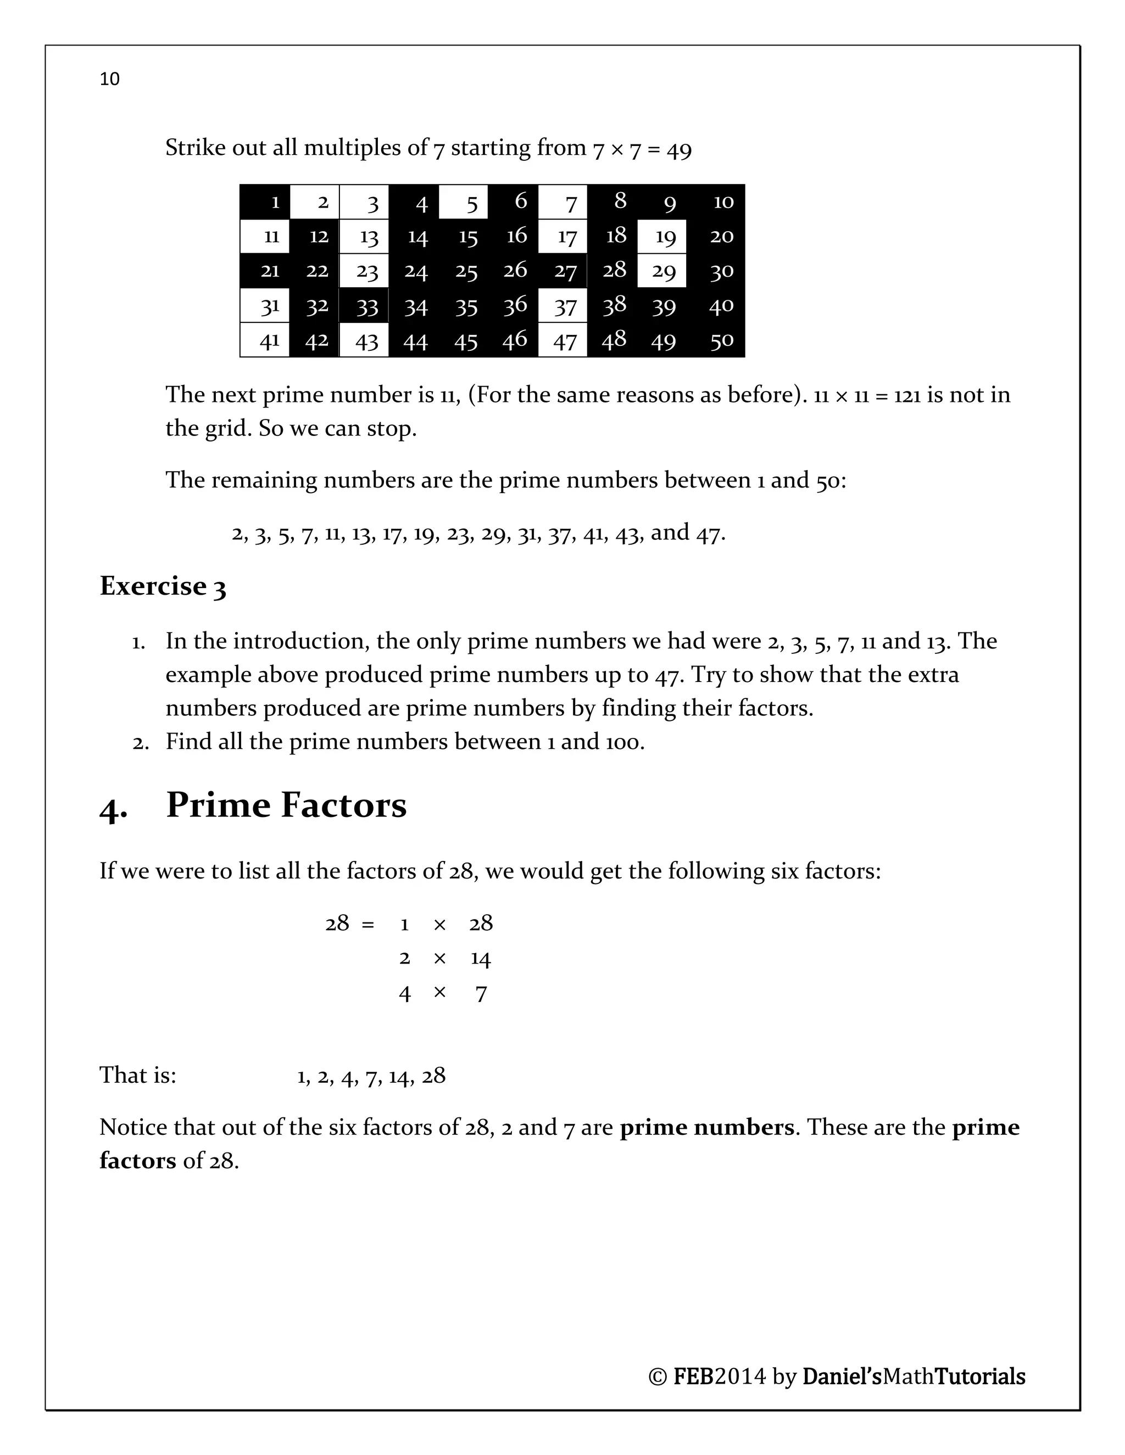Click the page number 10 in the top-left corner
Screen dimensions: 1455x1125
pos(109,79)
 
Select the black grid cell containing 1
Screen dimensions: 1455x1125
pos(265,202)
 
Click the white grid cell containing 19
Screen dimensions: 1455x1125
pos(662,237)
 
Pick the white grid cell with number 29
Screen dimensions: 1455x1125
pos(662,271)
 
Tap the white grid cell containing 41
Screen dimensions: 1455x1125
pos(265,340)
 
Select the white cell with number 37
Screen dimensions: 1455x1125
pos(563,306)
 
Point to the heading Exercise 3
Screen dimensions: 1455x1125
pos(163,586)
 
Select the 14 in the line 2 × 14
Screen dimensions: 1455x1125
pos(480,959)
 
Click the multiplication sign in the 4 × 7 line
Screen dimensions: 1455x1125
pos(439,993)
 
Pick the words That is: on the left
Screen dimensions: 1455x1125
pos(138,1075)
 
